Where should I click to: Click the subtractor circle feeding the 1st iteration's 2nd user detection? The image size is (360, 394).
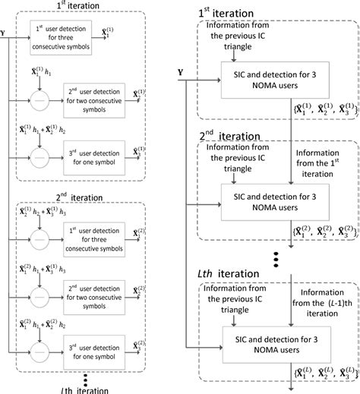[36, 97]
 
